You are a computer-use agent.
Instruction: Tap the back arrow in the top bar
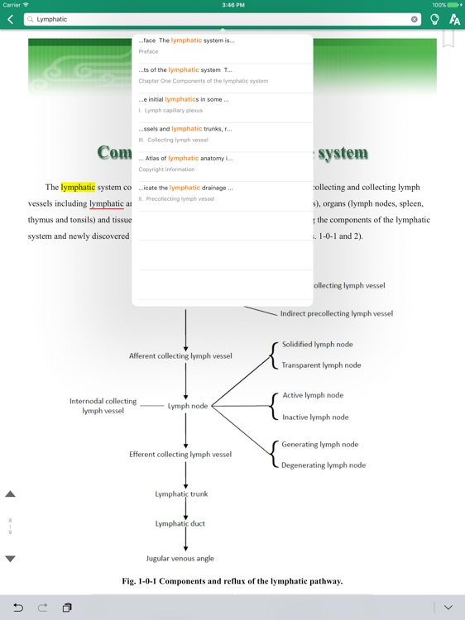click(x=10, y=19)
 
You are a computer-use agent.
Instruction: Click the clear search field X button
click(x=415, y=19)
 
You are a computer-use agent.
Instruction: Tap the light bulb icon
click(x=435, y=19)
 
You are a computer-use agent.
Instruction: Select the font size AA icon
click(x=454, y=19)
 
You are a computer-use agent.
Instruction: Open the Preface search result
click(x=222, y=45)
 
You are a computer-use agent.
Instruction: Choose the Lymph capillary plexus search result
click(x=222, y=104)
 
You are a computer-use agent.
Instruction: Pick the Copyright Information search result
click(x=222, y=163)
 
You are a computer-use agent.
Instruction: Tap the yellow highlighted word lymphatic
click(x=78, y=187)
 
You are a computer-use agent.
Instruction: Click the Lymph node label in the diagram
click(x=187, y=406)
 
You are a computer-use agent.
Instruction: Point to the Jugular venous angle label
click(x=180, y=559)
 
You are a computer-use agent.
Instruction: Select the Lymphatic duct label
click(x=180, y=524)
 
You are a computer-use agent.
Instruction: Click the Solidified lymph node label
click(x=317, y=345)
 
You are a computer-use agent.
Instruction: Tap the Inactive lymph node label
click(x=315, y=417)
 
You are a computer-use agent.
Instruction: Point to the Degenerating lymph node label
click(x=324, y=465)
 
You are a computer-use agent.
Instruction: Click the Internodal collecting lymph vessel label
click(x=103, y=406)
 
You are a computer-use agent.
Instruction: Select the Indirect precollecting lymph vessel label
click(x=336, y=314)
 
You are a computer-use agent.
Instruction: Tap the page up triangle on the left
click(x=11, y=494)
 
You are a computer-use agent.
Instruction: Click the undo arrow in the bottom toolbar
click(x=17, y=608)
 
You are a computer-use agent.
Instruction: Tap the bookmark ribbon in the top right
click(x=448, y=39)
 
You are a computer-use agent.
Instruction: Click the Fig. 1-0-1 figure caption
click(x=232, y=581)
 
